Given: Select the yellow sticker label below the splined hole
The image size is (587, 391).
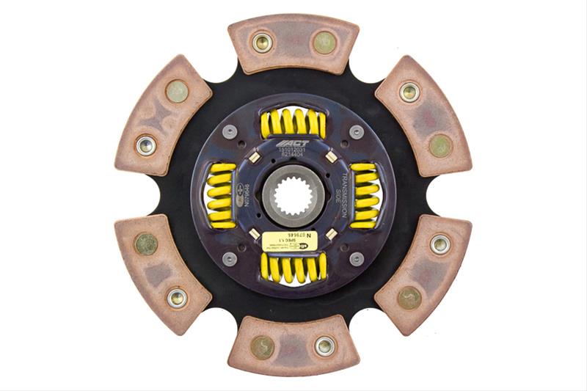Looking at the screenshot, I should [289, 241].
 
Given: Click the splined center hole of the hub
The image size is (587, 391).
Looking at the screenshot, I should [293, 195].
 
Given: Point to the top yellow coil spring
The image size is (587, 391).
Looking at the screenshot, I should [293, 123].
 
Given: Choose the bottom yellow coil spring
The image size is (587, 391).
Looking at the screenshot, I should [293, 267].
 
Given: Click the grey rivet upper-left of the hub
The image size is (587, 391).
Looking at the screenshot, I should [230, 132].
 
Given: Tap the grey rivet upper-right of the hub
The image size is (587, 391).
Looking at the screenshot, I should [357, 132].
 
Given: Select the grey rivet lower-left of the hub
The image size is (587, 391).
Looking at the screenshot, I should [230, 258].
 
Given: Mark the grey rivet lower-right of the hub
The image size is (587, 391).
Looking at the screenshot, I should [357, 258].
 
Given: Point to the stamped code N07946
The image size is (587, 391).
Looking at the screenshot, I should [247, 195].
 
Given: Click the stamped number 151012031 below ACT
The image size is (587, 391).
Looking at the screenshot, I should [293, 152].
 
